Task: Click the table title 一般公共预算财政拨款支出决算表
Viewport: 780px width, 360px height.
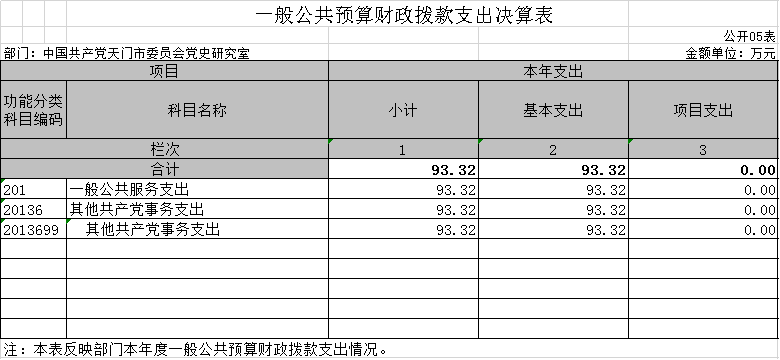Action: click(x=404, y=15)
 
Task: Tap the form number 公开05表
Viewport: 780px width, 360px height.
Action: click(x=749, y=36)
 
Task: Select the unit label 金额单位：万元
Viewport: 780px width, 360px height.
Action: click(x=730, y=53)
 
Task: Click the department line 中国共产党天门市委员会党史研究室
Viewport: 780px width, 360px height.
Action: click(x=126, y=53)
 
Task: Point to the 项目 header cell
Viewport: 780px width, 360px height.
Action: click(x=164, y=72)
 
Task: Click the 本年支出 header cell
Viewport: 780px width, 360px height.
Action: click(x=553, y=72)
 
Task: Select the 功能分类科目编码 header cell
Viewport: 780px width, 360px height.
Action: click(x=33, y=110)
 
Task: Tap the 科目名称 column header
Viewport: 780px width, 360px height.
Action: click(x=197, y=110)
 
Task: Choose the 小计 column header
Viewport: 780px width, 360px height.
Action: click(x=403, y=110)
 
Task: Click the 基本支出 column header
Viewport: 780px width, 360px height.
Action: click(x=553, y=110)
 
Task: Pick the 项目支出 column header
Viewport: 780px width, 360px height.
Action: click(x=703, y=110)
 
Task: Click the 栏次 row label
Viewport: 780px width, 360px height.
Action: click(x=165, y=149)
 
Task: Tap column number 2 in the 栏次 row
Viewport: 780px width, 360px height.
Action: click(x=553, y=150)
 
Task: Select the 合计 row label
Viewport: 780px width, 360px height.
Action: click(x=165, y=170)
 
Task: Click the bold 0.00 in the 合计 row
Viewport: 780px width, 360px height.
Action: click(x=758, y=170)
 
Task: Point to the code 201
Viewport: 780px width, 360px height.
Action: click(x=14, y=190)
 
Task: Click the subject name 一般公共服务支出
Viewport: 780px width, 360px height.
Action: click(x=129, y=189)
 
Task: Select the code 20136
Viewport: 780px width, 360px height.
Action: click(x=23, y=210)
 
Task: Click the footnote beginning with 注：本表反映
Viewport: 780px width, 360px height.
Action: click(x=195, y=349)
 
